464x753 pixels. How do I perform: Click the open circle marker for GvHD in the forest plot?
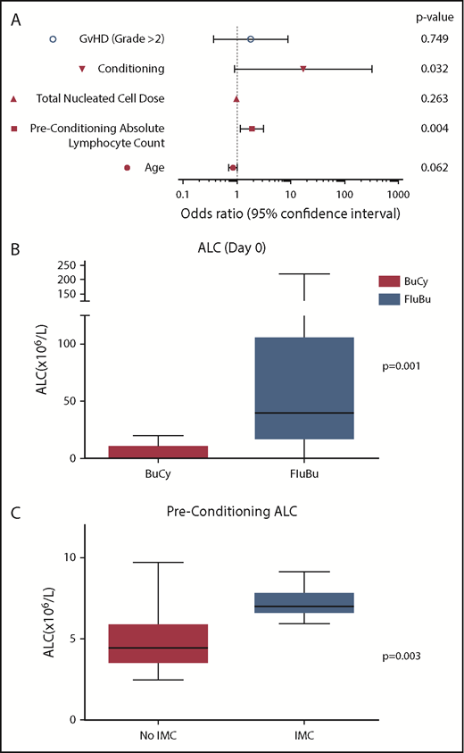(251, 39)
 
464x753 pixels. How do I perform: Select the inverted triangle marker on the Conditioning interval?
(303, 69)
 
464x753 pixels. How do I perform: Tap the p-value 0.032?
(434, 69)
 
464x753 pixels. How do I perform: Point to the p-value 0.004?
(434, 130)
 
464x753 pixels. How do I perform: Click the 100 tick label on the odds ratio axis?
(343, 194)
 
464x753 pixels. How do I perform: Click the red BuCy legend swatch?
(390, 280)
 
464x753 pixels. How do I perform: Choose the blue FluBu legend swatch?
(390, 300)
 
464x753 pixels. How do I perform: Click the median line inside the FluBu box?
(304, 413)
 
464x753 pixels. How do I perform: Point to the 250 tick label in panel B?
(65, 265)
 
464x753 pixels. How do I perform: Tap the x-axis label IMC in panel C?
(304, 735)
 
